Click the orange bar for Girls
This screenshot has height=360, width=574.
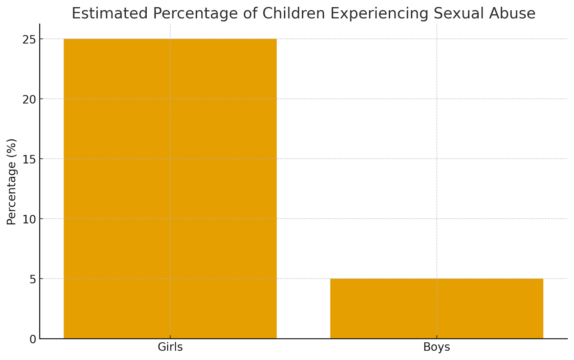[x=170, y=188]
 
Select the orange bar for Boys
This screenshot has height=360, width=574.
[x=437, y=308]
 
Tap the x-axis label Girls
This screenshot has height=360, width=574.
[x=170, y=347]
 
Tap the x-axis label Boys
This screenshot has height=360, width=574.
[x=437, y=347]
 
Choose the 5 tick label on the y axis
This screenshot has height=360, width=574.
[x=33, y=279]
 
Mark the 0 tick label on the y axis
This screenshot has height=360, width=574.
[x=33, y=339]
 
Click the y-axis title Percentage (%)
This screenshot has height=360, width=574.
[x=11, y=182]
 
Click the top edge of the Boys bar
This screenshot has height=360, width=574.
[x=437, y=279]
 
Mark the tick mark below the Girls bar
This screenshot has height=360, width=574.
[x=170, y=340]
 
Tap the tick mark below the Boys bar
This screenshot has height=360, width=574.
[x=437, y=340]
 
